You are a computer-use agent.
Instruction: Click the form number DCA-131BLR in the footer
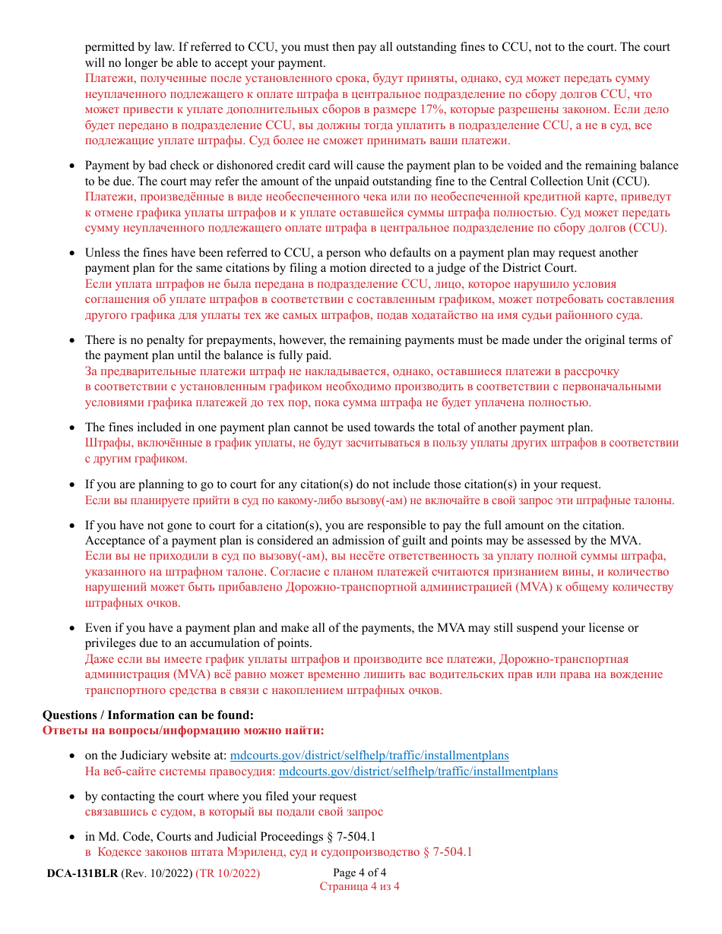tap(82, 873)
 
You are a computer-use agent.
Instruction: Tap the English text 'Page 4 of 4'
tap(359, 872)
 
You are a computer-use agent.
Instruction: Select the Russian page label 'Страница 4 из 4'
tap(359, 886)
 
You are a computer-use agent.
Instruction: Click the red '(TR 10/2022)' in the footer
tap(228, 873)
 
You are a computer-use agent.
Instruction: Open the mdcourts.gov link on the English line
tap(369, 756)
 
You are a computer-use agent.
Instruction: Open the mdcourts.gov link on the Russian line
tap(418, 771)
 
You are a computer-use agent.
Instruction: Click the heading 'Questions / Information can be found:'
tap(148, 715)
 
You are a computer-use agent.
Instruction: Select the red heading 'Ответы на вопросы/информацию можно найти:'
tap(183, 730)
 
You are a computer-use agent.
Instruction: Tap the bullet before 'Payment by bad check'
tap(72, 166)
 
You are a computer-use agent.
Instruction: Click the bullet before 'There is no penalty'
tap(72, 340)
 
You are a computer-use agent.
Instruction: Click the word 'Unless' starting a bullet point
tap(102, 253)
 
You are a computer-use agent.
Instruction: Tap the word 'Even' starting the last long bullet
tap(98, 628)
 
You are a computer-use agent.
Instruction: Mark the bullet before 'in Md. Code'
tap(72, 837)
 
